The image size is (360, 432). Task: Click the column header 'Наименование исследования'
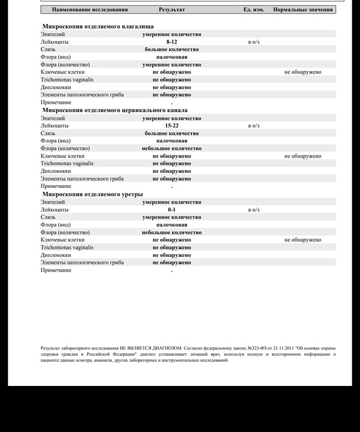coord(90,10)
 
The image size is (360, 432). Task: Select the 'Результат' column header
coord(172,10)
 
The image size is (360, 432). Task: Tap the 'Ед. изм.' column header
coord(253,10)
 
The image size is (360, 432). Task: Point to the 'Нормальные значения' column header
coord(303,10)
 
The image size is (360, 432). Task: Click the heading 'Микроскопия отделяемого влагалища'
coord(98,26)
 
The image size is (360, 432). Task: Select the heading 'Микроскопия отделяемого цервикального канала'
coord(114,111)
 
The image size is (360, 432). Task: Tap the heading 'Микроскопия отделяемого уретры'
coord(92,194)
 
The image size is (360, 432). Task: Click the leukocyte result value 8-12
coord(172,42)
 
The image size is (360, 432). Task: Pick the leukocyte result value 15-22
coord(172,126)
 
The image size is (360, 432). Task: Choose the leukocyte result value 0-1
coord(172,210)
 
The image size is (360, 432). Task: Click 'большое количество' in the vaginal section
coord(172,49)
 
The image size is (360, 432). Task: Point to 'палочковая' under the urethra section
coord(172,225)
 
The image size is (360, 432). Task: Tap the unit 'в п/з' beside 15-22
coord(253,126)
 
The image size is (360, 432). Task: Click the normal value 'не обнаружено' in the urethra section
coord(303,240)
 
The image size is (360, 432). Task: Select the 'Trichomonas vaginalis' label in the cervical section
coord(67,164)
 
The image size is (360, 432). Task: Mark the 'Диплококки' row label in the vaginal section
coord(56,88)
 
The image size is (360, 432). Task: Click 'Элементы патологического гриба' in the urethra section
coord(82,263)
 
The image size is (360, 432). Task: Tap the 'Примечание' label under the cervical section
coord(56,186)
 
